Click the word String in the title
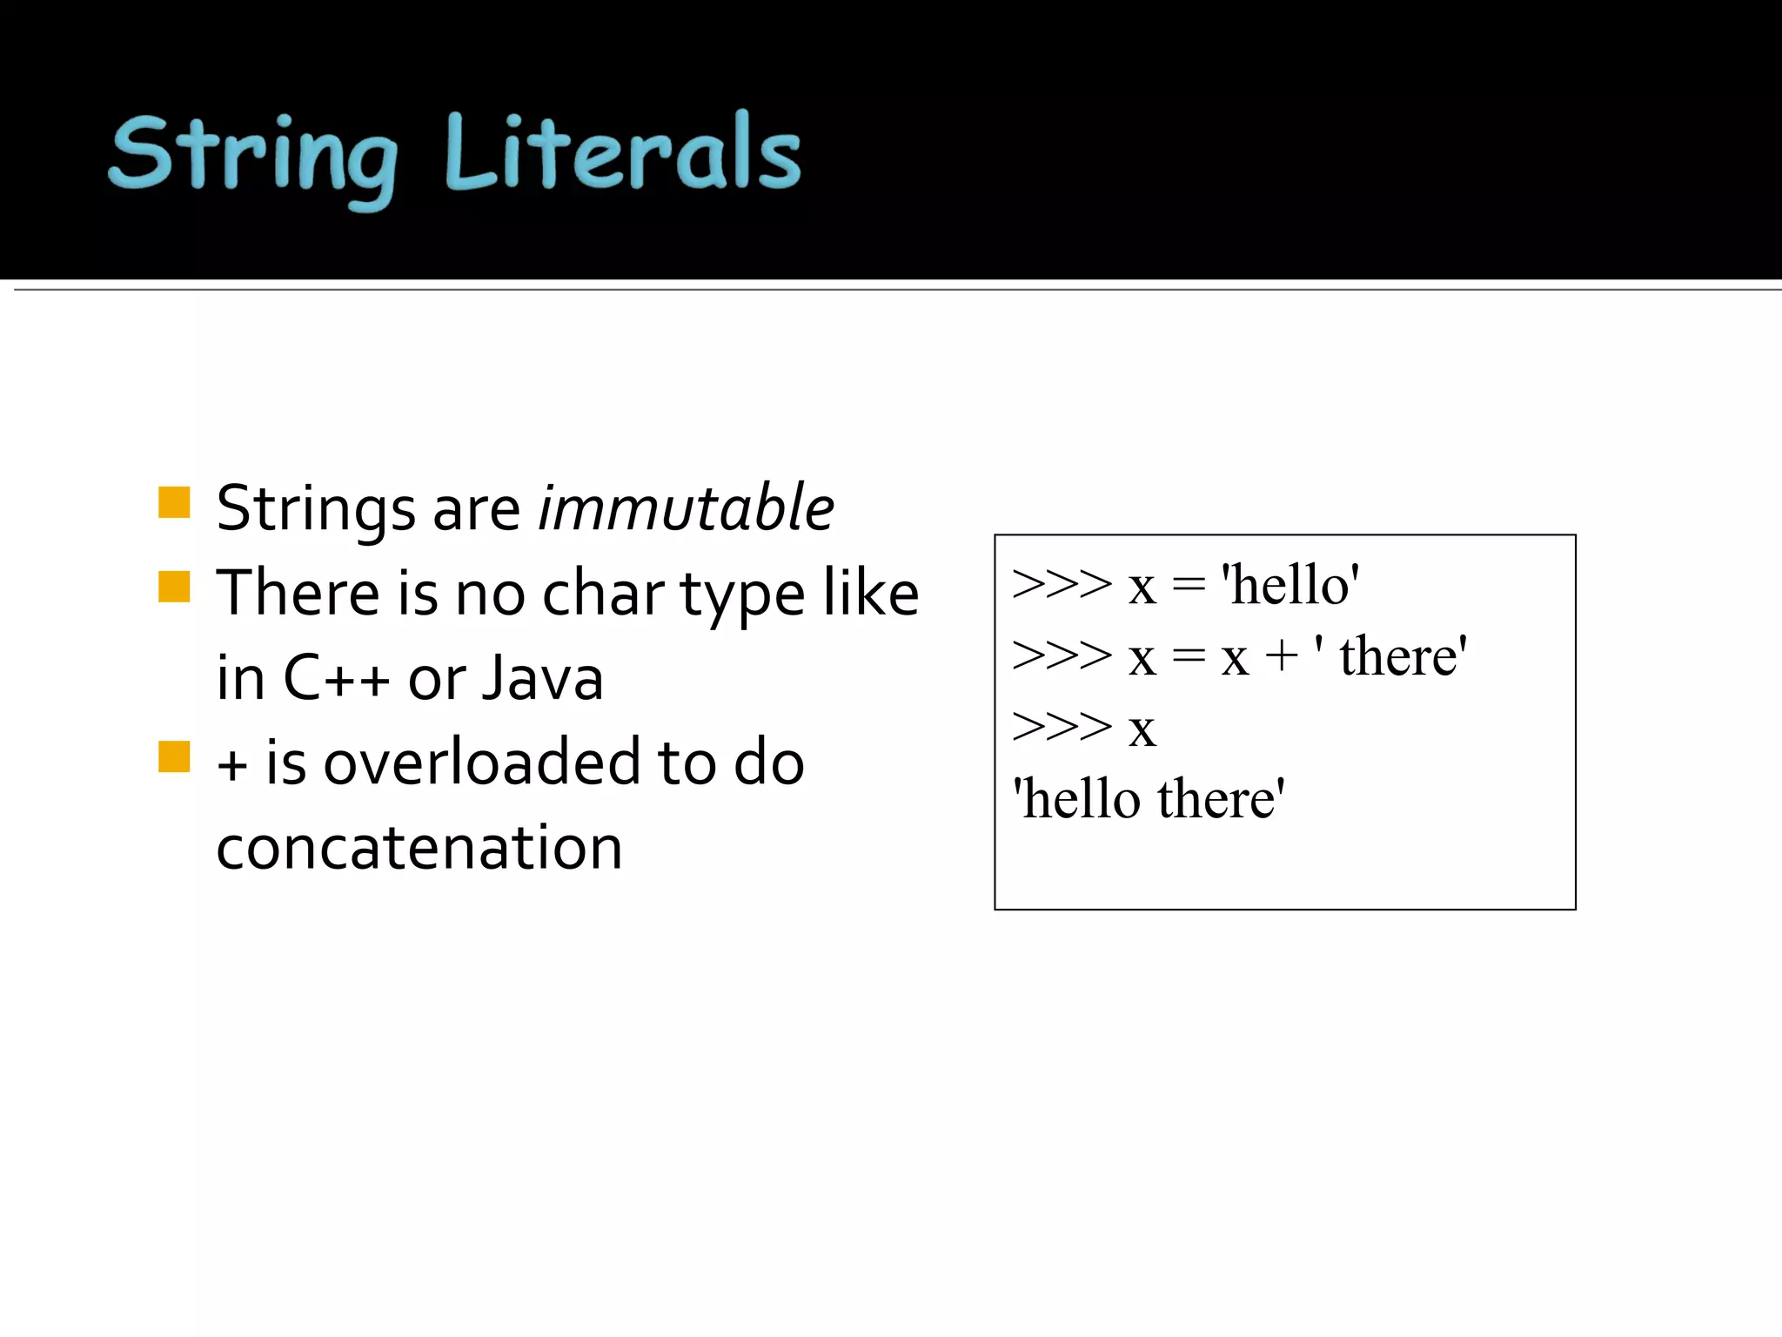coord(253,155)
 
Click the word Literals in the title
coord(622,153)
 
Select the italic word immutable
coord(686,507)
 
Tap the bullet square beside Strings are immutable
coord(174,502)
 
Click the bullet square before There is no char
coord(174,587)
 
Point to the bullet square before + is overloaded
coord(174,756)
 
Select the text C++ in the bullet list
coord(336,678)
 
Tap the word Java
coord(542,678)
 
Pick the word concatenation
coord(419,847)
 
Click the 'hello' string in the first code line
coord(1290,584)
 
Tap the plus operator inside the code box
coord(1281,655)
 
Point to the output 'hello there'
coord(1149,798)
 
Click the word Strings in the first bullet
coord(316,509)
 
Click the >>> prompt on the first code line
coord(1062,584)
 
